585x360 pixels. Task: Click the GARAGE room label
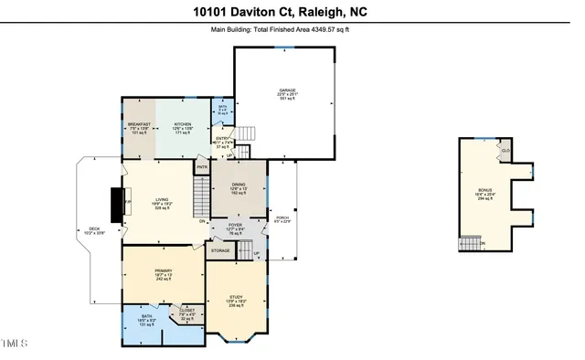288,90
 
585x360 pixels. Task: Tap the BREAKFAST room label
138,123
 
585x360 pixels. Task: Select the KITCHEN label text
184,123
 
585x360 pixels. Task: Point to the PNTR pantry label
202,167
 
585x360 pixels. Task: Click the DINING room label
238,185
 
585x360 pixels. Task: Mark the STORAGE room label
220,249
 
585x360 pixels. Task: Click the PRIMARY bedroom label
163,271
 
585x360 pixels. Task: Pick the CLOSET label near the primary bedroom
188,311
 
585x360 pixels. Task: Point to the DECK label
94,229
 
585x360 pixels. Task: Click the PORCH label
282,217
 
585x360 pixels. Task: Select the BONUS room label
484,189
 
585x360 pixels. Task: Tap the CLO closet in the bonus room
505,150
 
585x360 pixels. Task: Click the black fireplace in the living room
116,205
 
